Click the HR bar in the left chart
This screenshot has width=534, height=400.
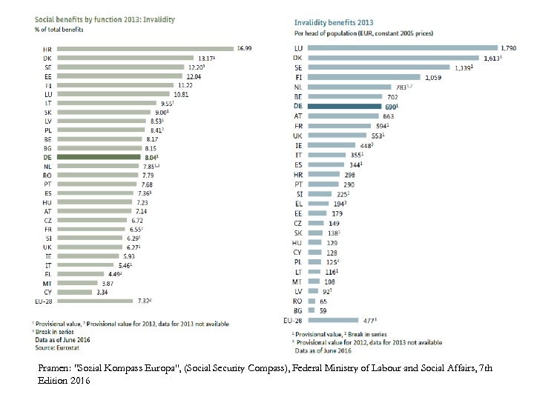pos(145,49)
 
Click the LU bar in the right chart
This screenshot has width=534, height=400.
pos(400,49)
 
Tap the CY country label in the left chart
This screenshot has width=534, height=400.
pos(47,292)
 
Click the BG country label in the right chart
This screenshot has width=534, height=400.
pos(297,310)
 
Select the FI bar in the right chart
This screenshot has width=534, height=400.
pos(363,77)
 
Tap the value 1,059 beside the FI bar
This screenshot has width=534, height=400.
pos(433,77)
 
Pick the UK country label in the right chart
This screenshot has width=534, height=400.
pos(297,136)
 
